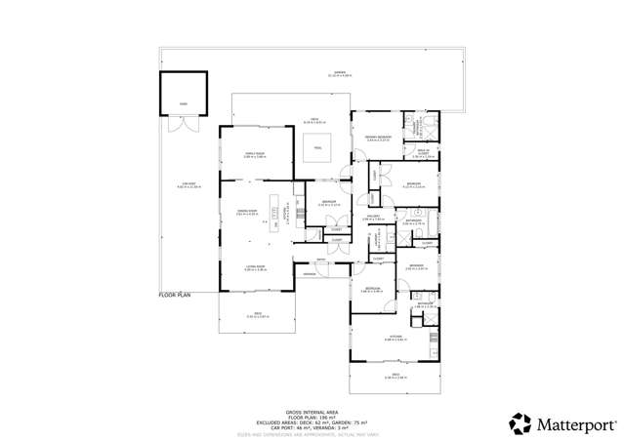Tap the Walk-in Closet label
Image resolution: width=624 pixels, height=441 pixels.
424,152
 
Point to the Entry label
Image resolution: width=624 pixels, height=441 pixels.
321,259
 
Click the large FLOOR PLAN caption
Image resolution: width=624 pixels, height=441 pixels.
176,294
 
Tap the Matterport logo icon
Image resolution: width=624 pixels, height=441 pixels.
520,423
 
